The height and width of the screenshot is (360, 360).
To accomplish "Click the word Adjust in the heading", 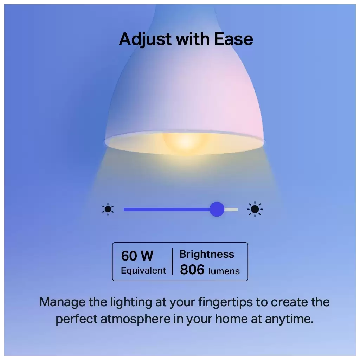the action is pos(145,40).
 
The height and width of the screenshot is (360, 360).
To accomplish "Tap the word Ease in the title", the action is pos(233,39).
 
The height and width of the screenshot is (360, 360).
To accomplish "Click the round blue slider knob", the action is pos(217,209).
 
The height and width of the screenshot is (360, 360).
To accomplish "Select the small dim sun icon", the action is pos(108,209).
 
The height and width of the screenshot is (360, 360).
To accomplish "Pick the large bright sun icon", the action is pos(255,209).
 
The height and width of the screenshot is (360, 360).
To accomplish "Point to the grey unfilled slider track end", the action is pos(231,210).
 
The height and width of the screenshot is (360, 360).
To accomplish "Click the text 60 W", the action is pos(137,256).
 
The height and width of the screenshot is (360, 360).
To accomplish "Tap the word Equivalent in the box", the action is pos(143,270).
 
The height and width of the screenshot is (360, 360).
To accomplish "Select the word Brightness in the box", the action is pos(207,255).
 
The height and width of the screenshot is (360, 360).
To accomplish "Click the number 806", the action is pos(192,270).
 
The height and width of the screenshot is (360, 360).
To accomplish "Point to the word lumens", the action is pos(224,271).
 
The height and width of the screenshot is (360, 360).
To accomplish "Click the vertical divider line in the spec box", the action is pos(172,261).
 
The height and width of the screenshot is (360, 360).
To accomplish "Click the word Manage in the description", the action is pos(62,303).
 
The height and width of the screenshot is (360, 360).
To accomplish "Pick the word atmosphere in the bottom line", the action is pos(135,319).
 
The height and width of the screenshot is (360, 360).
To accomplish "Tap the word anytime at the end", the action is pos(289,319).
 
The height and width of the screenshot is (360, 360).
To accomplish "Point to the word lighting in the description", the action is pos(131,303).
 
